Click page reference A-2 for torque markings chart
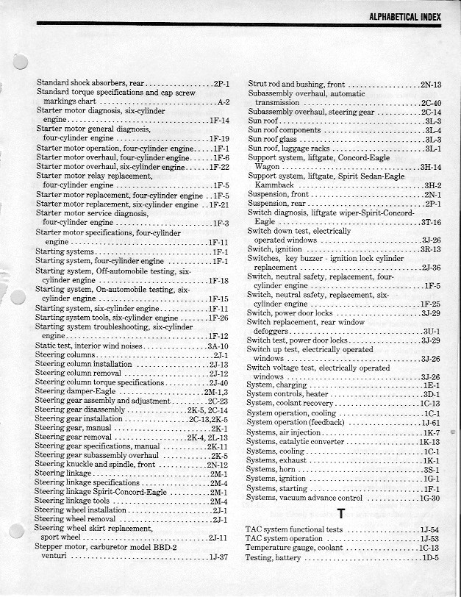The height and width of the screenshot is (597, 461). point(224,101)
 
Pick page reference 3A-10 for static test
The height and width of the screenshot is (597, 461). point(218,346)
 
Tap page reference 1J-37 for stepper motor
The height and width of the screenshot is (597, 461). point(218,557)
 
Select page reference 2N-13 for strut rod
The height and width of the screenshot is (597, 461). point(431,85)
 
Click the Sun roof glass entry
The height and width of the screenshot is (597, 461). point(273,139)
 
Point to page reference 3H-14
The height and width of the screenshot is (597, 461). point(431,167)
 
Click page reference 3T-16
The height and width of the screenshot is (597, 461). point(431,222)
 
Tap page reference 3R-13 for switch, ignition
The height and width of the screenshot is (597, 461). point(431,249)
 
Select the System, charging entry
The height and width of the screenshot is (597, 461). point(277,385)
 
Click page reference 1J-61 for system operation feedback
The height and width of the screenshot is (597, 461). point(431,423)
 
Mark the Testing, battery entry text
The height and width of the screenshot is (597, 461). point(273,558)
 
